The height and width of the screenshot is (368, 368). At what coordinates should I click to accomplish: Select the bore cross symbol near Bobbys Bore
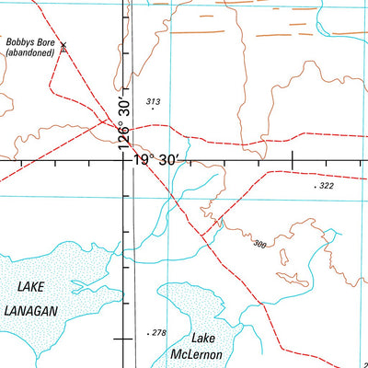63,45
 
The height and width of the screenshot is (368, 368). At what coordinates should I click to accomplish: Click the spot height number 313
153,101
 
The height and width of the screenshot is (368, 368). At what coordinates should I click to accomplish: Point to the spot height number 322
327,186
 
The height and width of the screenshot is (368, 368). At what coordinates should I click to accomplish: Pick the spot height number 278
159,332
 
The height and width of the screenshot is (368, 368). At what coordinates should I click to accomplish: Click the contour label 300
259,244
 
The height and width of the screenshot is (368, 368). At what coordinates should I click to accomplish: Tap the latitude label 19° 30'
159,160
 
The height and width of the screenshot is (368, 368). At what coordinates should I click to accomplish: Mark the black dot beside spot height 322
315,187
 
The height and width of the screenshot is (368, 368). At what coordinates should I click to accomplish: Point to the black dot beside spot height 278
148,333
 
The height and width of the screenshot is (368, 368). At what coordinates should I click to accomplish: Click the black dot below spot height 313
153,109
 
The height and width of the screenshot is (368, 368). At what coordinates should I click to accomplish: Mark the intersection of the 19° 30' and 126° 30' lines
126,160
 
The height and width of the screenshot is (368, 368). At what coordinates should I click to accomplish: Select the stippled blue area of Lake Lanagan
64,267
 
